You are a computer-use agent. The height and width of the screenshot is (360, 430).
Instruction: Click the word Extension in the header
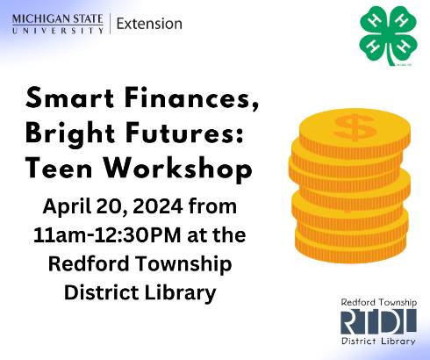tap(149, 24)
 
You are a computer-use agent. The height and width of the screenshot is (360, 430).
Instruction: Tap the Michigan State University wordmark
tap(58, 24)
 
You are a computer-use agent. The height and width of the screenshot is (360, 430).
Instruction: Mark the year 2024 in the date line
tap(164, 209)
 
